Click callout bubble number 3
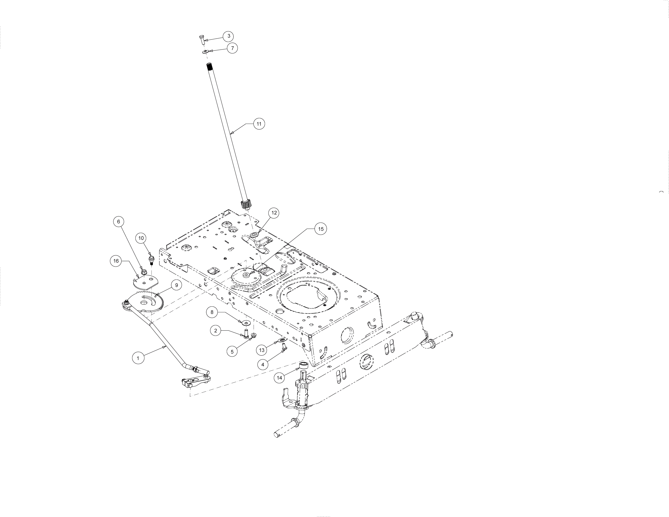point(228,36)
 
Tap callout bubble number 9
point(176,285)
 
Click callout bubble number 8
point(212,312)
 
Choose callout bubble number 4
point(263,365)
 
